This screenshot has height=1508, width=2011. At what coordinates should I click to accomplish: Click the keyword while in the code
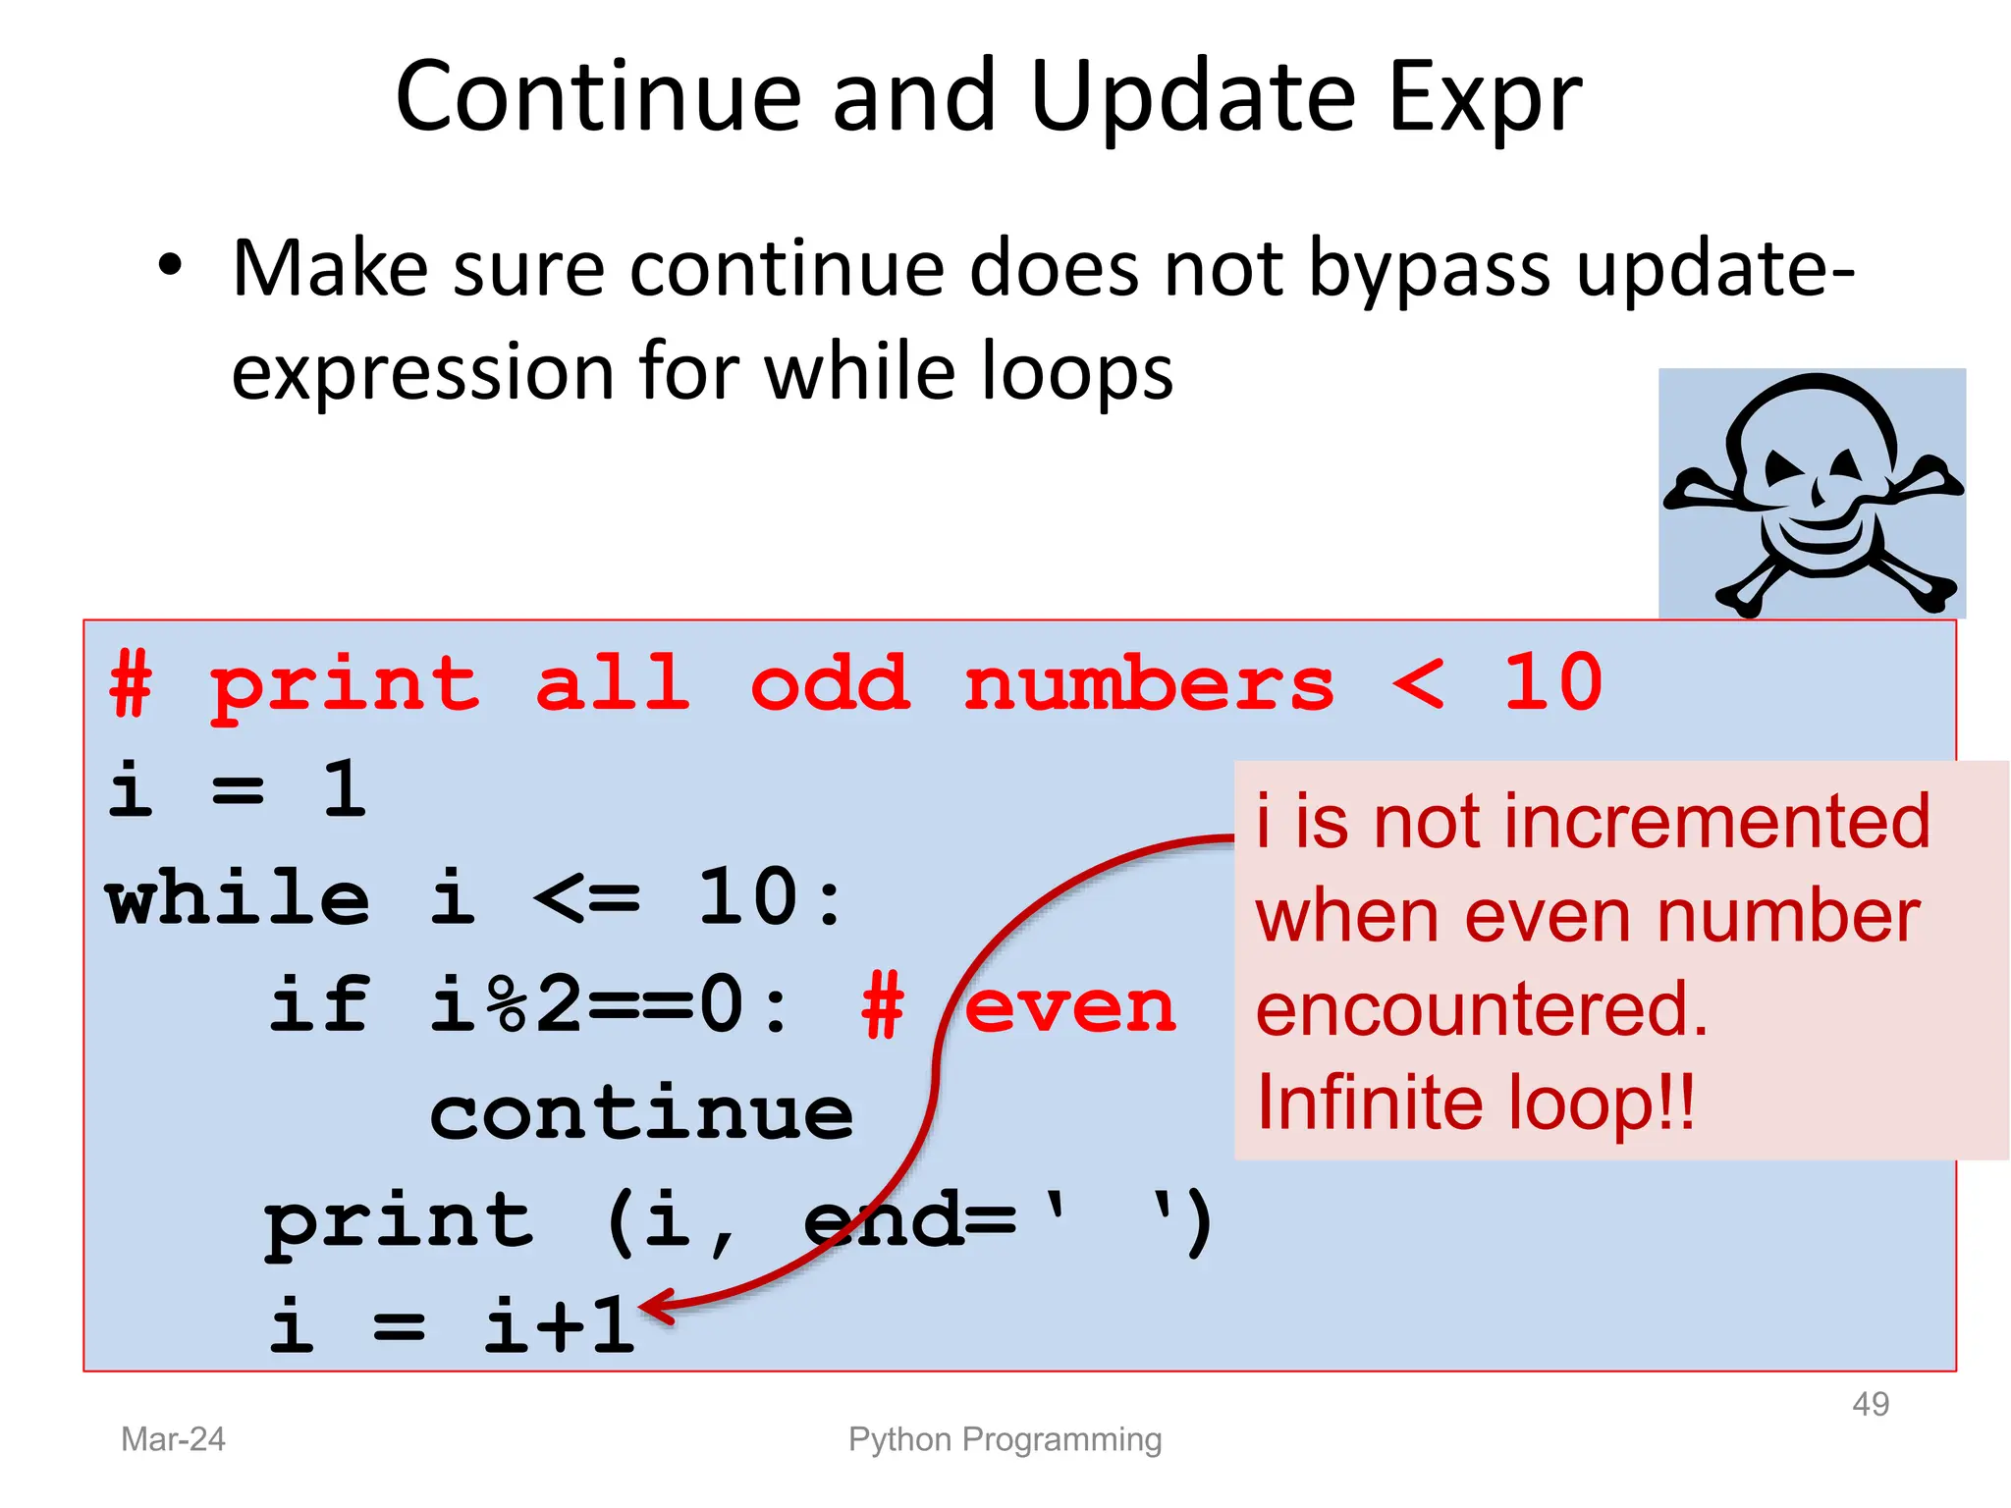pos(238,897)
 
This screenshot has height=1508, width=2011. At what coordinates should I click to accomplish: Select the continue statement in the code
pos(641,1114)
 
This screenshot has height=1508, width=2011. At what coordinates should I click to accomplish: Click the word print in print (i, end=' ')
pos(399,1221)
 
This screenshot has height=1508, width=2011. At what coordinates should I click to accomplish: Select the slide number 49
pos(1870,1404)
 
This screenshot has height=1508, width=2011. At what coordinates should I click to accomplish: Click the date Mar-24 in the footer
pos(173,1439)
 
